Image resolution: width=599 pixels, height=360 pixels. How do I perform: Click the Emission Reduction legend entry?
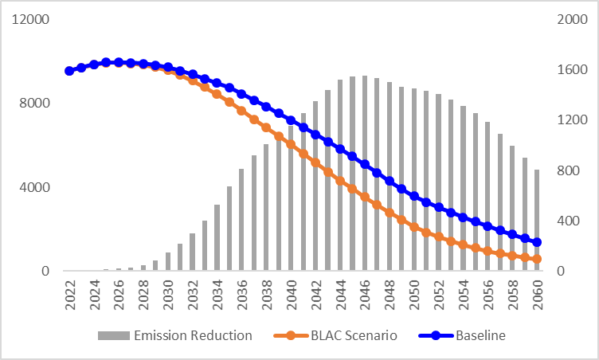coord(174,335)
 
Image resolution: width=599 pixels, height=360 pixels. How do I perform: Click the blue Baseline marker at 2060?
coord(537,242)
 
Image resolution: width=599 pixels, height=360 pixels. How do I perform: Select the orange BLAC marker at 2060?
coord(537,259)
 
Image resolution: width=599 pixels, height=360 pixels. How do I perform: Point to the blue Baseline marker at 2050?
coord(414,195)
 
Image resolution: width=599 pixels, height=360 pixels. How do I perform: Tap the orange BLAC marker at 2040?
coord(291,145)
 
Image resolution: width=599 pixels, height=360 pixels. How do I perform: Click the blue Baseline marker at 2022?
coord(69,71)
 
